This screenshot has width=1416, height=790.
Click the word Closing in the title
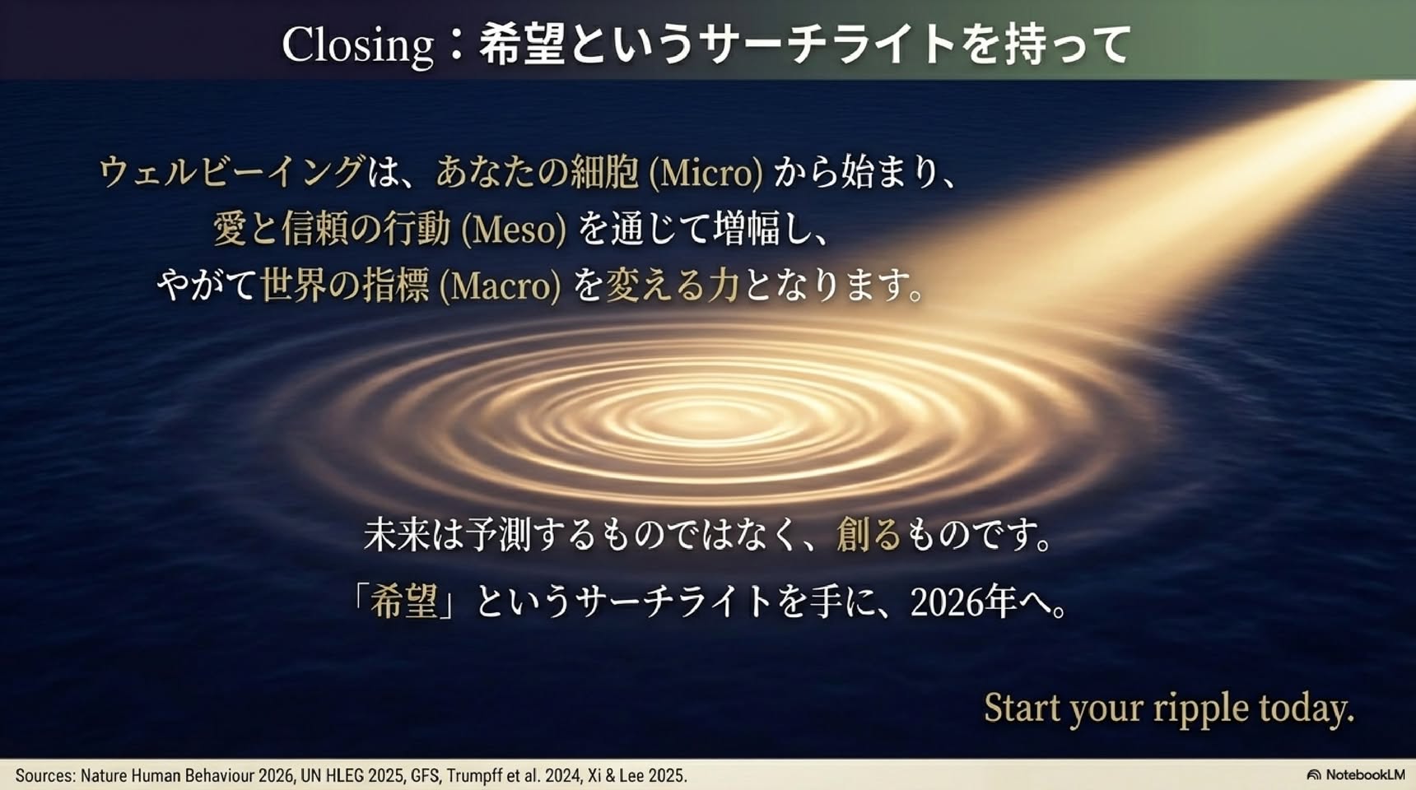[x=358, y=46]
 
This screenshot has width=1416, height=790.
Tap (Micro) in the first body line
[x=706, y=173]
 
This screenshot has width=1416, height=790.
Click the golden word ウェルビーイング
[x=231, y=173]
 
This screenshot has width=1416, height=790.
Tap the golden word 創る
[x=869, y=535]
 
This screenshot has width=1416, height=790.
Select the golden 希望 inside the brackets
[x=403, y=602]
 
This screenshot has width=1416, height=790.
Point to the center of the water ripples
[x=706, y=411]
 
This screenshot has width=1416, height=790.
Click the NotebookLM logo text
[x=1364, y=775]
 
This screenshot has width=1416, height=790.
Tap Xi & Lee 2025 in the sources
[x=636, y=775]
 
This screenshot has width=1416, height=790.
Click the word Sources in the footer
[x=44, y=775]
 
